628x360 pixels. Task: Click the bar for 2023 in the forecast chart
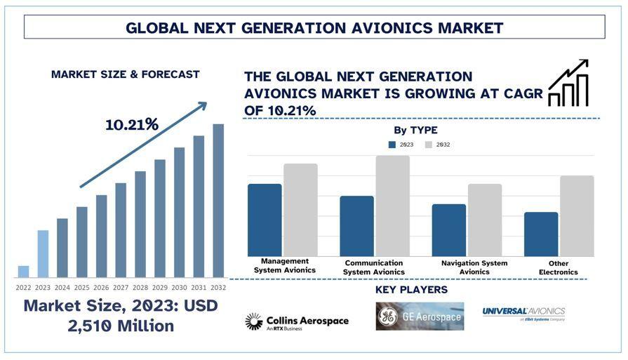(x=43, y=253)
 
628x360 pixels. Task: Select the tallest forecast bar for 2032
(x=218, y=200)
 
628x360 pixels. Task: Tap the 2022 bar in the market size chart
(x=23, y=271)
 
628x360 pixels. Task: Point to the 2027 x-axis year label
(x=121, y=287)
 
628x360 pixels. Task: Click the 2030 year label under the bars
(x=179, y=287)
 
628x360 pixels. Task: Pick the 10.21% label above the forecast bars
(x=132, y=125)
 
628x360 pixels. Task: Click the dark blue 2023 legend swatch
(x=392, y=145)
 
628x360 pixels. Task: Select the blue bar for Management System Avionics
(x=265, y=220)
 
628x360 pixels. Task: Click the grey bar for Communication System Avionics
(x=392, y=206)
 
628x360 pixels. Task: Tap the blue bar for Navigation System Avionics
(x=448, y=230)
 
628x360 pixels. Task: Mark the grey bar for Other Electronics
(x=577, y=215)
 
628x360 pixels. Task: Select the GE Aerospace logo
(x=420, y=316)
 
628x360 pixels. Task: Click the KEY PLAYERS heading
(x=411, y=290)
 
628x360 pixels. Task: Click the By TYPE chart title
(x=415, y=130)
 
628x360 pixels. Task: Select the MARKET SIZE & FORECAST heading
(x=125, y=74)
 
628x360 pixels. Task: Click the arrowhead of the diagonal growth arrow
(x=203, y=106)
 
